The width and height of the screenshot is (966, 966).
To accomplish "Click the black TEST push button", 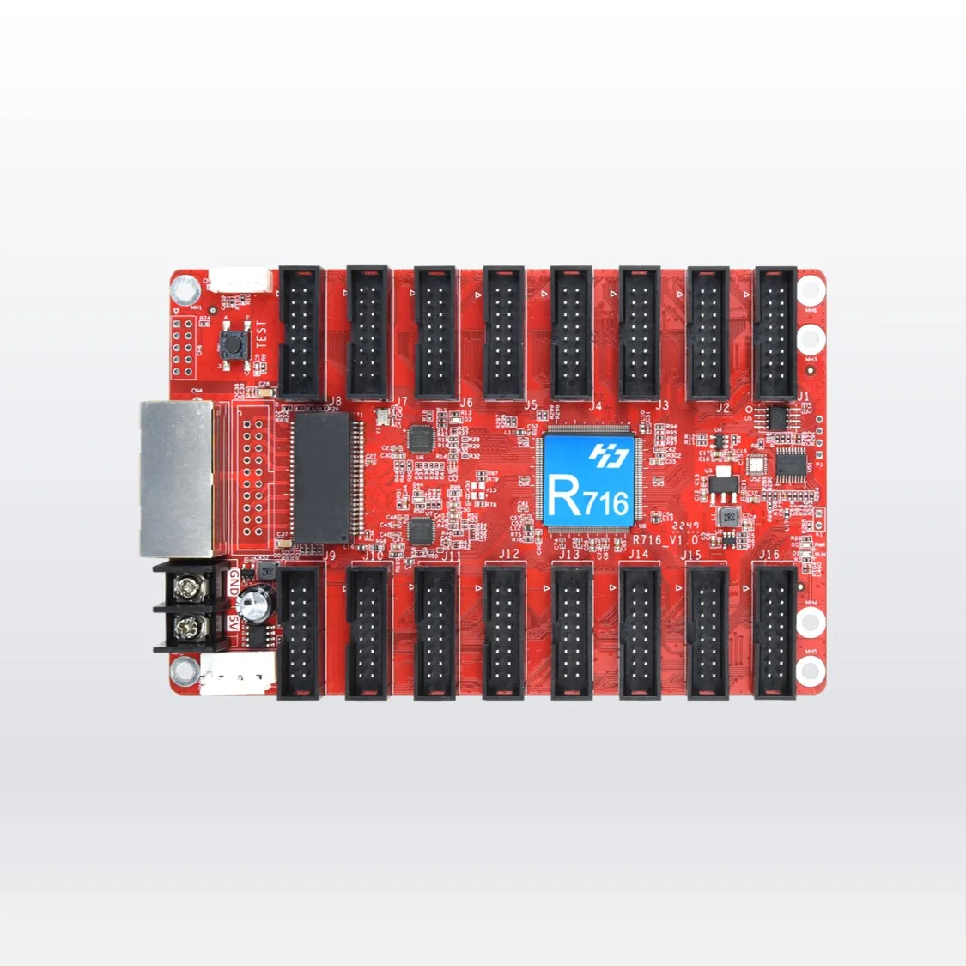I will click(x=231, y=347).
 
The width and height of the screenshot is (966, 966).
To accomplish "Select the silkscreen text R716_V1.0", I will click(x=665, y=541).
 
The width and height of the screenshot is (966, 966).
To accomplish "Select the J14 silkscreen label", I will click(x=638, y=555).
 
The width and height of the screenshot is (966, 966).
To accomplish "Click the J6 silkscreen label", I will click(x=466, y=403).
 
